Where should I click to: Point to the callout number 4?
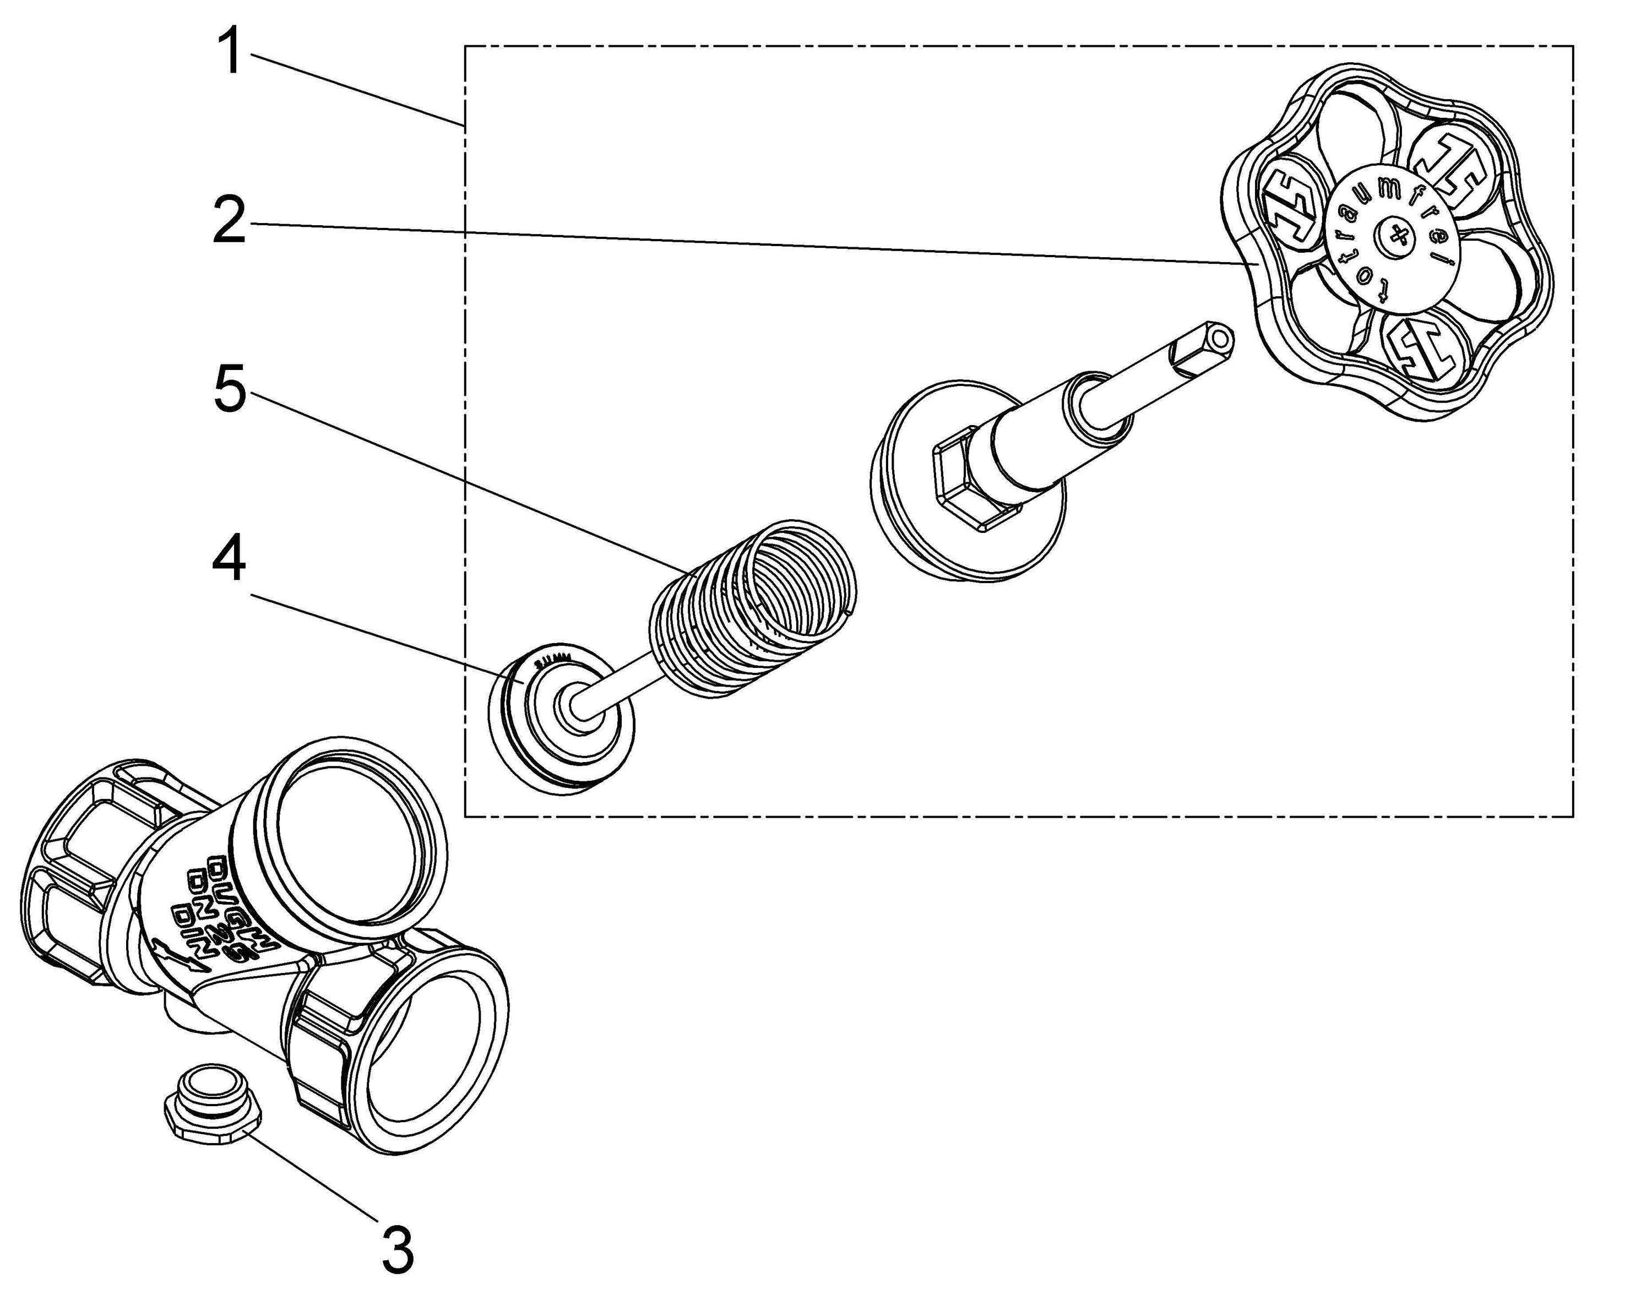[229, 558]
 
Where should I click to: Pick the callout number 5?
[229, 389]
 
